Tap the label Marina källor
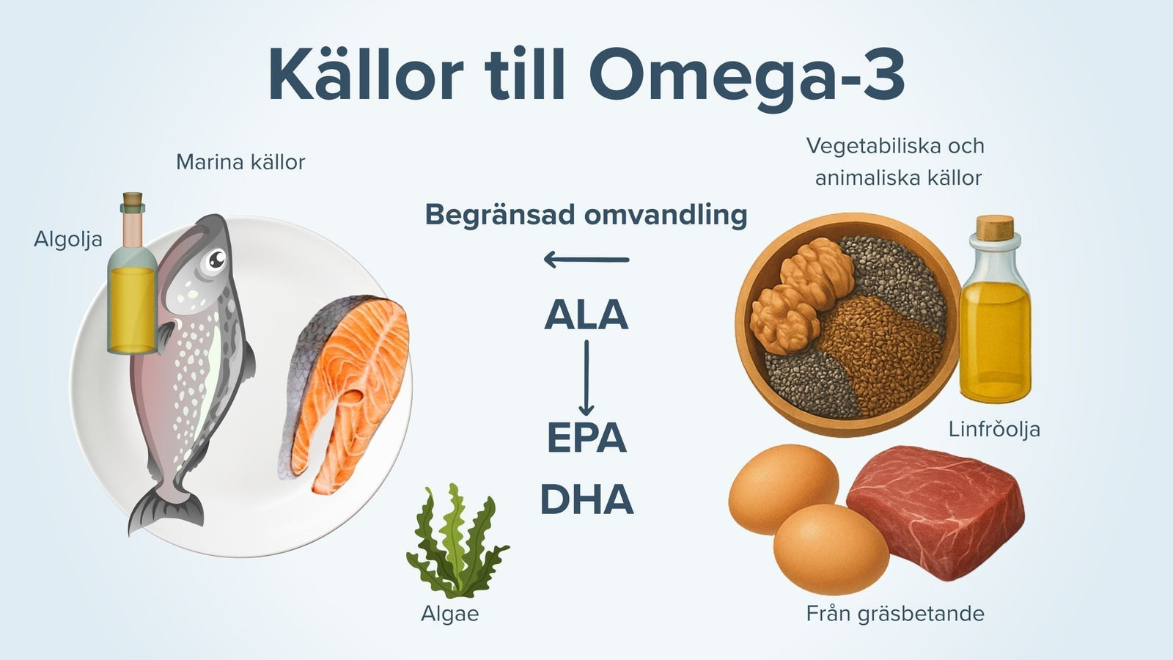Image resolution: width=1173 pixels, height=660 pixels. [x=240, y=162]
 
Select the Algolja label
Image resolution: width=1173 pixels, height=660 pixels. [x=68, y=239]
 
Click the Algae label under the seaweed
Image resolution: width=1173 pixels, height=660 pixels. [x=449, y=614]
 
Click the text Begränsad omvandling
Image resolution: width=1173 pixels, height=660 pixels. [x=586, y=215]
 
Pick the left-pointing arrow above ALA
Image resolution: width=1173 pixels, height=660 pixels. [x=586, y=259]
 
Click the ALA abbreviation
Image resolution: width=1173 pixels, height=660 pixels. [x=586, y=315]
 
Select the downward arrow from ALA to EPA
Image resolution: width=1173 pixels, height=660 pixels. [x=586, y=378]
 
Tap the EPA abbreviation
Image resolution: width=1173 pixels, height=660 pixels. [x=586, y=438]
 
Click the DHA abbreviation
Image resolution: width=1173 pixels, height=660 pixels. [x=586, y=499]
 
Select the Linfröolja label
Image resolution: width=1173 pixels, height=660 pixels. [x=994, y=429]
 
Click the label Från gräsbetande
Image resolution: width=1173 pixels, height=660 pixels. [x=895, y=613]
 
